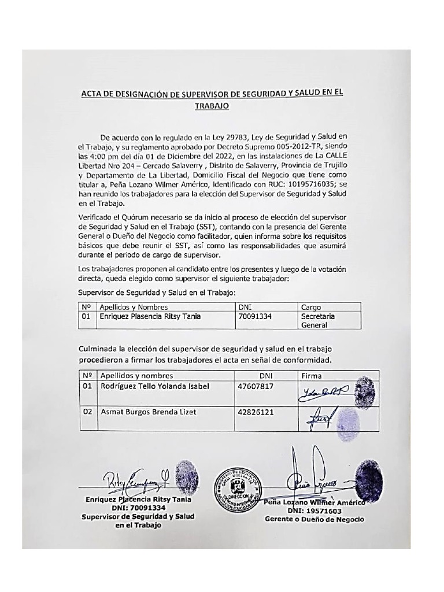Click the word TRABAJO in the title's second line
212,106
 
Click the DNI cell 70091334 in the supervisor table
255,317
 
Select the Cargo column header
311,307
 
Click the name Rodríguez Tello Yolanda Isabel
154,386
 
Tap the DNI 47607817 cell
255,386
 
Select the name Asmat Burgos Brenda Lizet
148,412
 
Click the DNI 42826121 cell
255,412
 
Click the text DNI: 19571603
314,511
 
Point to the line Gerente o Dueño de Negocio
314,519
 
